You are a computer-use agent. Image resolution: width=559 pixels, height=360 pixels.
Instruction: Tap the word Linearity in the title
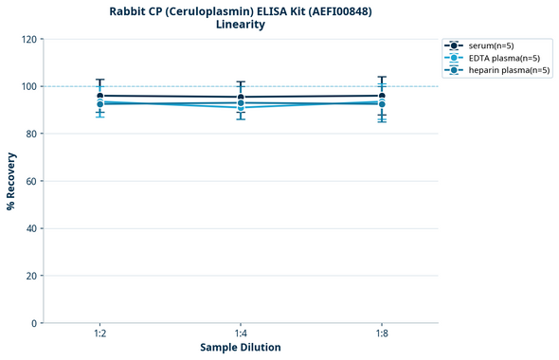coord(241,25)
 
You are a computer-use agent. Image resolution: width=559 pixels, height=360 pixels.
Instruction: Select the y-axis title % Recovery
coord(11,181)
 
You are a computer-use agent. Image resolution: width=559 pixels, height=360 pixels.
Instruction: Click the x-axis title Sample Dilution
coord(241,348)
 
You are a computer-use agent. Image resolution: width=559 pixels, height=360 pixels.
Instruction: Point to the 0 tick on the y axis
coord(34,323)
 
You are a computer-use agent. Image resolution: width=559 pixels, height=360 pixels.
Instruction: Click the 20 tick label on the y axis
coord(31,276)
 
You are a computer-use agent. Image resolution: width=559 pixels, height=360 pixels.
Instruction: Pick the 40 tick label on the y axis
coord(31,228)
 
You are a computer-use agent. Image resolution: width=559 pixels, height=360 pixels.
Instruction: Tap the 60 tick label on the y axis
coord(31,181)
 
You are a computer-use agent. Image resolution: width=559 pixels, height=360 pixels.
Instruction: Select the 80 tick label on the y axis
coord(31,134)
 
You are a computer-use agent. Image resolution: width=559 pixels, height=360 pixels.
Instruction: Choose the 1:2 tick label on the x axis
coord(99,334)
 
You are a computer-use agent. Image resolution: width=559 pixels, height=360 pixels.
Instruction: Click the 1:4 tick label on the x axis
coord(241,334)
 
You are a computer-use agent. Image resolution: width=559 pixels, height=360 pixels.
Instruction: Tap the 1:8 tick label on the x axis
coord(382,334)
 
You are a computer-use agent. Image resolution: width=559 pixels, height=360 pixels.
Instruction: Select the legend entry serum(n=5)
coord(491,45)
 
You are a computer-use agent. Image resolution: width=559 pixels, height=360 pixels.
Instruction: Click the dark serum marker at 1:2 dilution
coord(99,96)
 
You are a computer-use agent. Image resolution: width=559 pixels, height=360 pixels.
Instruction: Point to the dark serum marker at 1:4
coord(241,98)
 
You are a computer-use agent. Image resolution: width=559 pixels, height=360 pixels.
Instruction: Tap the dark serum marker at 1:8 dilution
coord(382,96)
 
